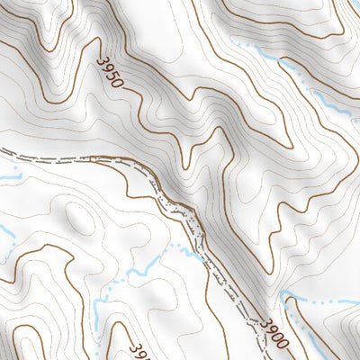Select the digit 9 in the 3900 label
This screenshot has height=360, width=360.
(x=273, y=330)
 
